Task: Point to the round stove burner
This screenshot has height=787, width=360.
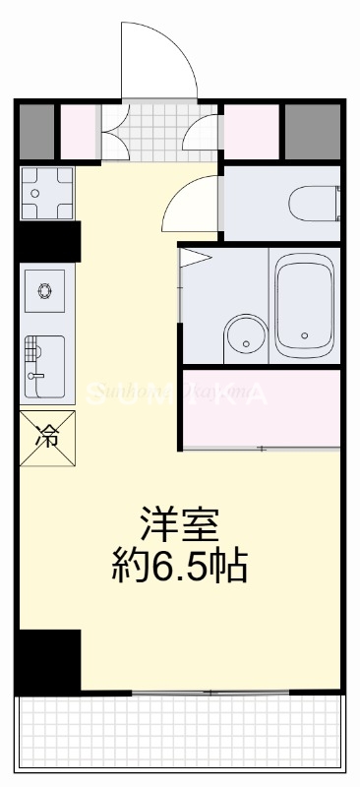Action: point(44,289)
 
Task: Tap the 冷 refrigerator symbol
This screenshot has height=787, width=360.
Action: point(46,434)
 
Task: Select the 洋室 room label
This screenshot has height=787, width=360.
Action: point(178,522)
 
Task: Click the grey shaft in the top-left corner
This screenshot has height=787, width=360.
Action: point(37,131)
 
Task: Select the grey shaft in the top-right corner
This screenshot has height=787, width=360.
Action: point(313,130)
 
